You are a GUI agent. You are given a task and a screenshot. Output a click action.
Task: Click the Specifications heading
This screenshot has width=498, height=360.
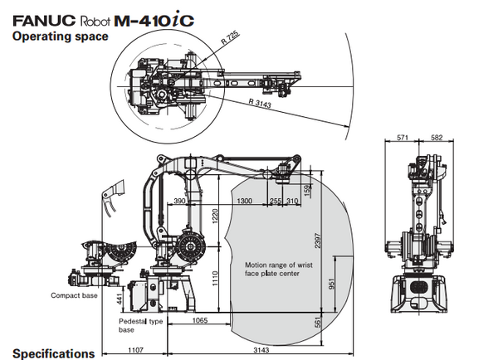coord(53,353)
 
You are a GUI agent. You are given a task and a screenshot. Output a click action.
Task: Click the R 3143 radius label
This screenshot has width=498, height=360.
coord(260,102)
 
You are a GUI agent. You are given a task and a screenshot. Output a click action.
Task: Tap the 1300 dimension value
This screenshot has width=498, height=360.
coord(243,202)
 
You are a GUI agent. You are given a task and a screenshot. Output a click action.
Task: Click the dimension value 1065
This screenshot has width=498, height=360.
coord(199,320)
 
